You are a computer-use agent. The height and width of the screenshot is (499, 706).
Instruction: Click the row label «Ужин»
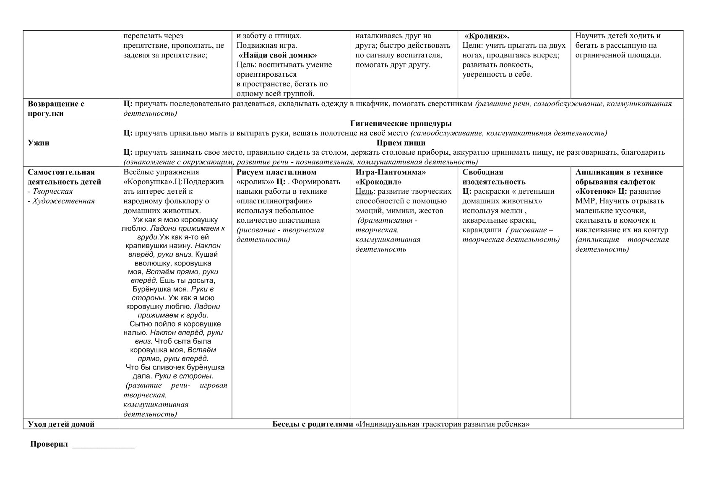tap(39, 143)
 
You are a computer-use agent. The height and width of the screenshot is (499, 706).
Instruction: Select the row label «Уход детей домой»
tap(61, 424)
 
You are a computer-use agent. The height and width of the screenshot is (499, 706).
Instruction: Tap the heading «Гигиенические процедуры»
tap(401, 124)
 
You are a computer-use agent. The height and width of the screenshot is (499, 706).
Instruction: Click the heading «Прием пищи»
tap(401, 143)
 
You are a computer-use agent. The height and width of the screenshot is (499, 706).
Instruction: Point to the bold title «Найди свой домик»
tap(278, 55)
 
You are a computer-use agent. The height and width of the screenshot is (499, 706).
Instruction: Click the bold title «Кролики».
tap(487, 36)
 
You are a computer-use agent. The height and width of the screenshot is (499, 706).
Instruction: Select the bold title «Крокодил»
tap(378, 182)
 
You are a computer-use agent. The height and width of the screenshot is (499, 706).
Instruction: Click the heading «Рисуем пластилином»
tap(276, 172)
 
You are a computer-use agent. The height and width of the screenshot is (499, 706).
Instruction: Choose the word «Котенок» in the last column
tap(593, 192)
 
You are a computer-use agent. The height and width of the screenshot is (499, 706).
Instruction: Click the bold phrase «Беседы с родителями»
tap(313, 424)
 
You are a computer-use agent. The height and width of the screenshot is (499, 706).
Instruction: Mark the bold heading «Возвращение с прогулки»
tap(56, 109)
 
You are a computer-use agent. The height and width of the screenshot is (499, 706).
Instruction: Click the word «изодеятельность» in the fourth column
tap(494, 182)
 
